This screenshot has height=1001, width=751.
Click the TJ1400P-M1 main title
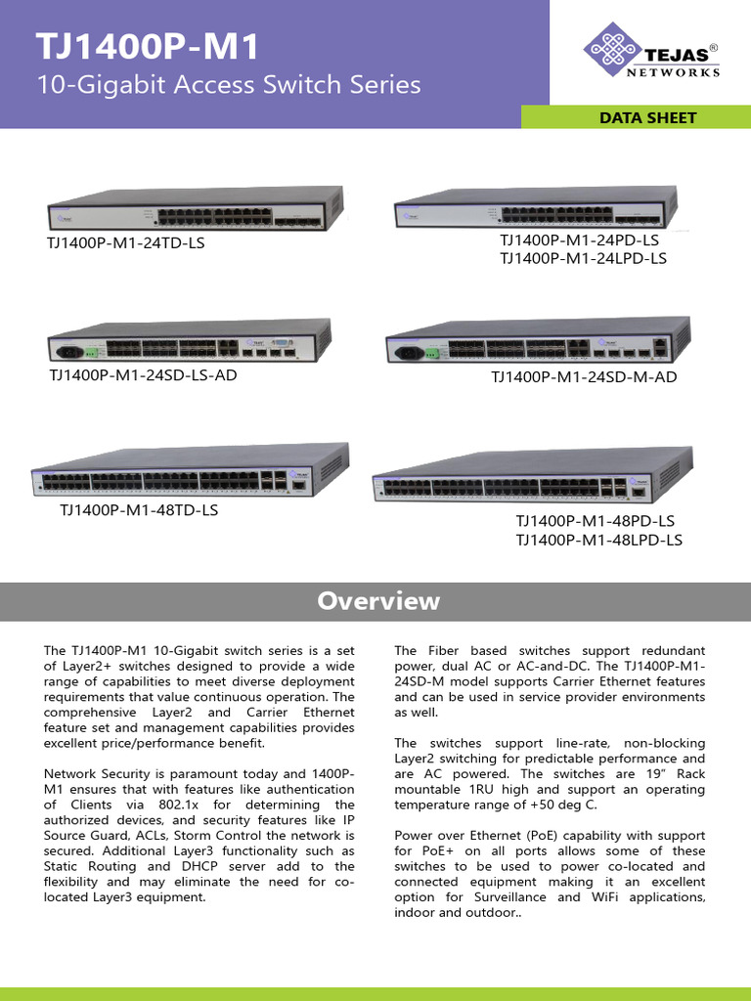click(148, 46)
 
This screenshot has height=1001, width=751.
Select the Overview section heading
click(378, 601)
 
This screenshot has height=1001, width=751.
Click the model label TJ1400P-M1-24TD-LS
click(126, 242)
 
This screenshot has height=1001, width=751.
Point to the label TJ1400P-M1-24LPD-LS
click(583, 258)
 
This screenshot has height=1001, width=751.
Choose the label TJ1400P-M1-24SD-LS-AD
click(143, 374)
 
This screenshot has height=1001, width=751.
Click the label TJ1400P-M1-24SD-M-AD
click(584, 376)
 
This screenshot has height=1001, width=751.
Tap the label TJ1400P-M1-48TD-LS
click(139, 510)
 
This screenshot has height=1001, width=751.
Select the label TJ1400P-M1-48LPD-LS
click(598, 540)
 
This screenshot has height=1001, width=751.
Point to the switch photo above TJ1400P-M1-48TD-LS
click(190, 472)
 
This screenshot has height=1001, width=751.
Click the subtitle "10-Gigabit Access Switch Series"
click(228, 85)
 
